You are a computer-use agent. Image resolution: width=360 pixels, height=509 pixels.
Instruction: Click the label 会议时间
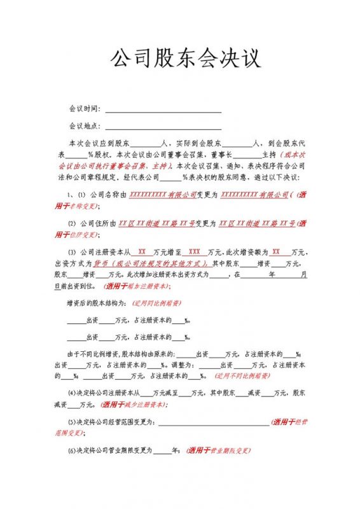(85, 109)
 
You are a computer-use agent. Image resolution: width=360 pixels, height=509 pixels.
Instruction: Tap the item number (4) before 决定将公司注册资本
(72, 393)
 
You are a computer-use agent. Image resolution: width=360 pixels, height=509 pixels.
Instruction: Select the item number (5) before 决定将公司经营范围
(72, 422)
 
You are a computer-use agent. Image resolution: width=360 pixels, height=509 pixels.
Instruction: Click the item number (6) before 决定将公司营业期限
(72, 451)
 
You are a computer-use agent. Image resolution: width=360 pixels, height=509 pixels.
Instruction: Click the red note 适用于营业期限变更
(217, 451)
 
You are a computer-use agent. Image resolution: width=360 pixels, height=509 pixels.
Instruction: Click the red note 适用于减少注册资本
(135, 404)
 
